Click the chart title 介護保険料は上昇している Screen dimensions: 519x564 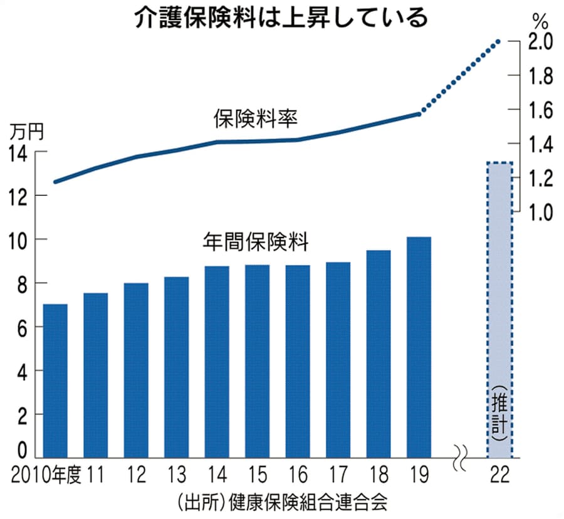tap(281, 18)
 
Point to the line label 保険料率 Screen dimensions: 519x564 tap(254, 117)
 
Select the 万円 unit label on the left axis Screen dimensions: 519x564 tap(26, 132)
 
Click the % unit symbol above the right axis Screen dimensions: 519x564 tap(540, 19)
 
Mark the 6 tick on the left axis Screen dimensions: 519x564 tap(21, 327)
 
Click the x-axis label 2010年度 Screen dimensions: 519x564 tap(48, 474)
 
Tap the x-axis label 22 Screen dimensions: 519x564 tap(501, 474)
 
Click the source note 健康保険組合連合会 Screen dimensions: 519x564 tap(308, 501)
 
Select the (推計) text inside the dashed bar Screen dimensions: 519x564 tap(499, 414)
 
